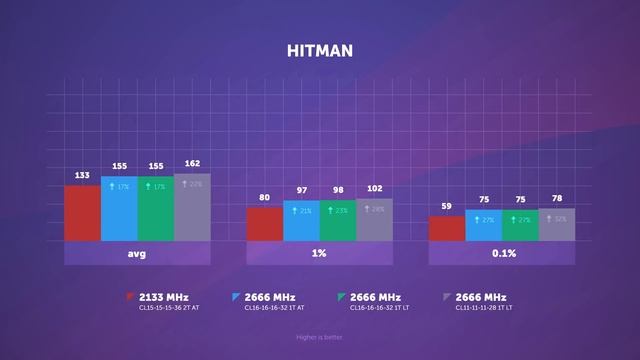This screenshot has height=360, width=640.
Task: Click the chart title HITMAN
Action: coord(319,50)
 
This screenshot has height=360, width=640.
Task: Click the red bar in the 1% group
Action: coord(264,224)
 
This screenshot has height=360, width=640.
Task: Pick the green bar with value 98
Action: coord(337,221)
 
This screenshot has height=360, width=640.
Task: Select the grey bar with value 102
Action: coord(374,220)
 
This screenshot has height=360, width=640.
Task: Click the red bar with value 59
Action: coord(446,229)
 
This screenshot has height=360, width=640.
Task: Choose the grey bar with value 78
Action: coord(556,225)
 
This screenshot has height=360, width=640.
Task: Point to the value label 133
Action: coord(82,176)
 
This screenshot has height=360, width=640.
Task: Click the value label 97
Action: coord(301,190)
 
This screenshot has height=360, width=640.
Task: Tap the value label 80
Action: coord(264,197)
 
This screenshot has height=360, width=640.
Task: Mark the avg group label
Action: coord(137,254)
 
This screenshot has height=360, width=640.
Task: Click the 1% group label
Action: coord(319,254)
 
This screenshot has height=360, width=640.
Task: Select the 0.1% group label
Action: coord(502,254)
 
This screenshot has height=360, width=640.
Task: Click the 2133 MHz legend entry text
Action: coord(164,297)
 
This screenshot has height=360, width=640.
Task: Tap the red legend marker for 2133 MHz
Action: coord(131,297)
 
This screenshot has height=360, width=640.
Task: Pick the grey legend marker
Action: coord(447,297)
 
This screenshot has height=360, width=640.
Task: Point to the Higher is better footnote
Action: coord(319,336)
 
